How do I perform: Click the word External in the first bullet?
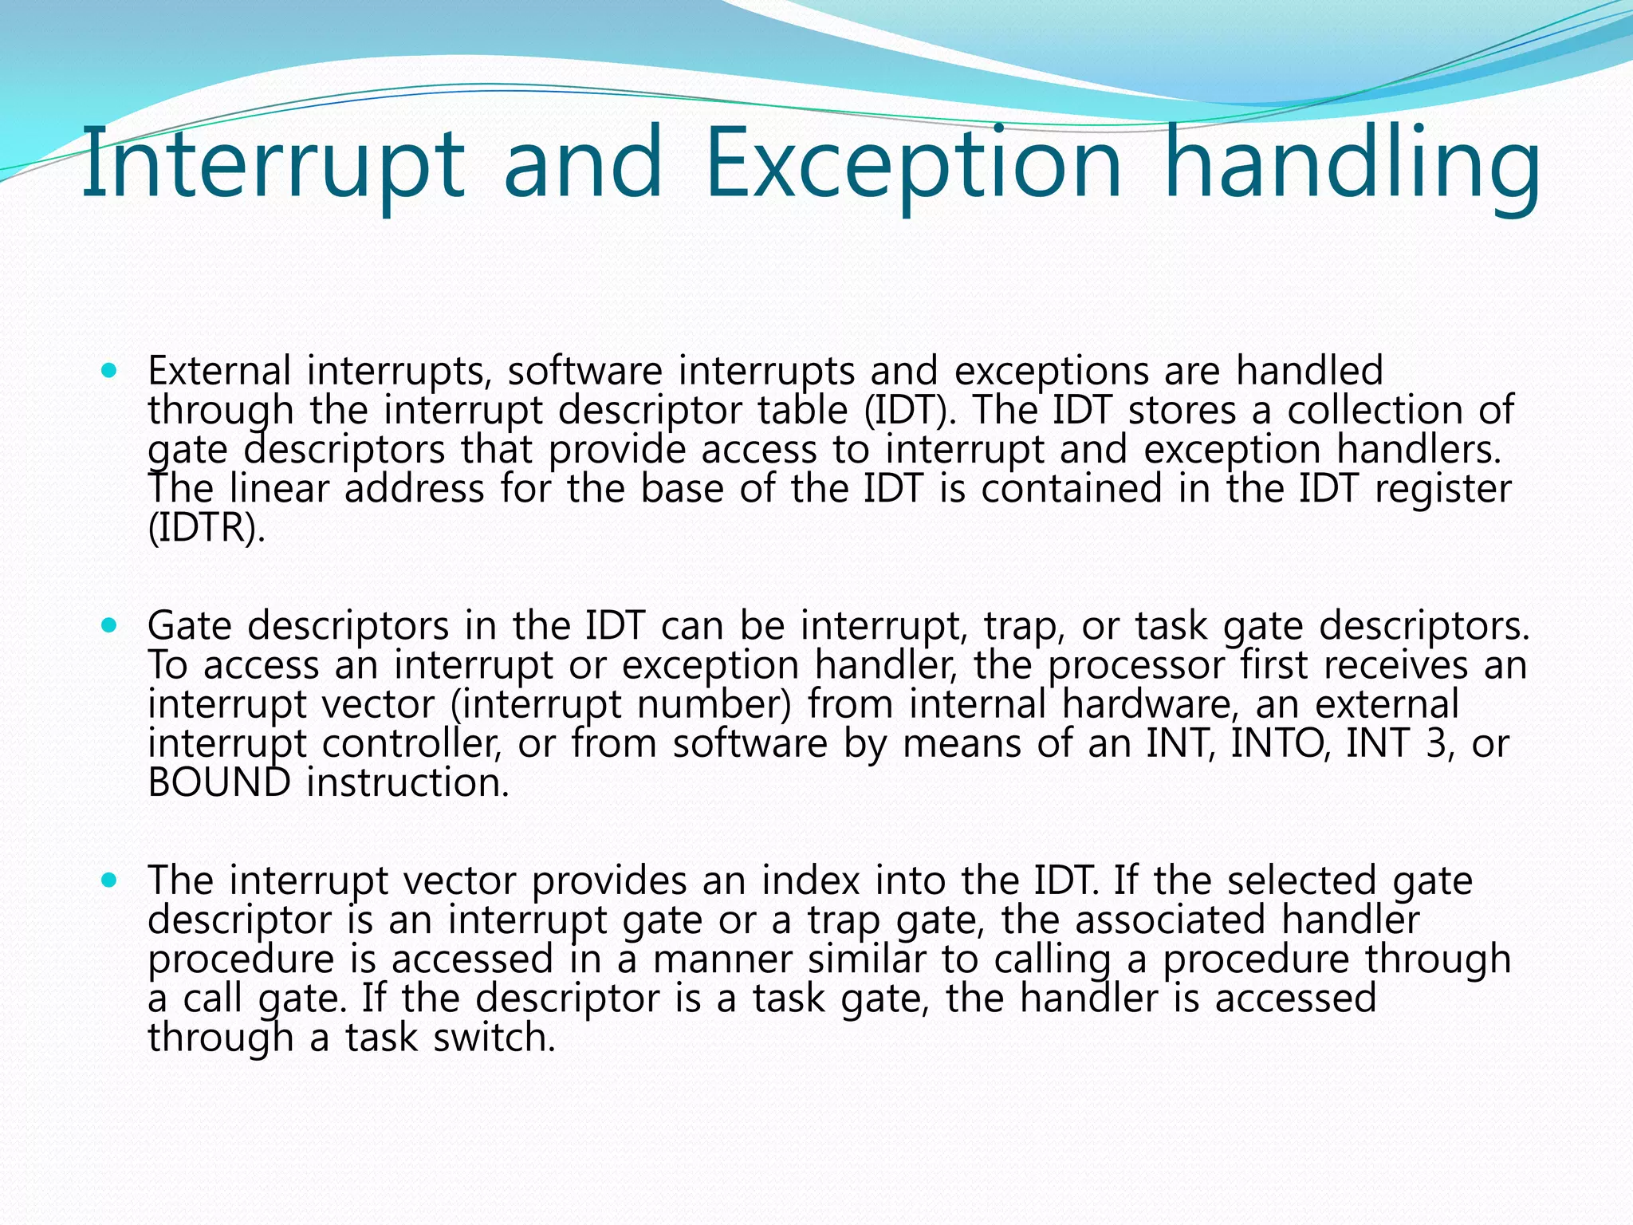click(219, 371)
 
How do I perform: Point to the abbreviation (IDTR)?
click(206, 528)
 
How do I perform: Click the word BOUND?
click(219, 782)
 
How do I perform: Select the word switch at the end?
click(494, 1038)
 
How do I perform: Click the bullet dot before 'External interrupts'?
click(110, 371)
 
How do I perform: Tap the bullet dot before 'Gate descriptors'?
click(110, 626)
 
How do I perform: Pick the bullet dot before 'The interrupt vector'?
click(110, 880)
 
